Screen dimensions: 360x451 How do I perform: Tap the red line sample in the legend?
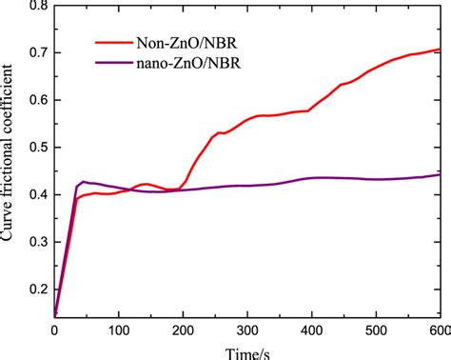[x=115, y=44]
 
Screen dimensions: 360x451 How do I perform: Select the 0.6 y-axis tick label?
[x=36, y=100]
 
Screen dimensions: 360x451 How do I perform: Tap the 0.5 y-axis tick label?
[x=36, y=148]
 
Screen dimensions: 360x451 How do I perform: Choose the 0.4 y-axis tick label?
[x=36, y=194]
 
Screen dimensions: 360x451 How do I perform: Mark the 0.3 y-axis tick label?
[x=36, y=242]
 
